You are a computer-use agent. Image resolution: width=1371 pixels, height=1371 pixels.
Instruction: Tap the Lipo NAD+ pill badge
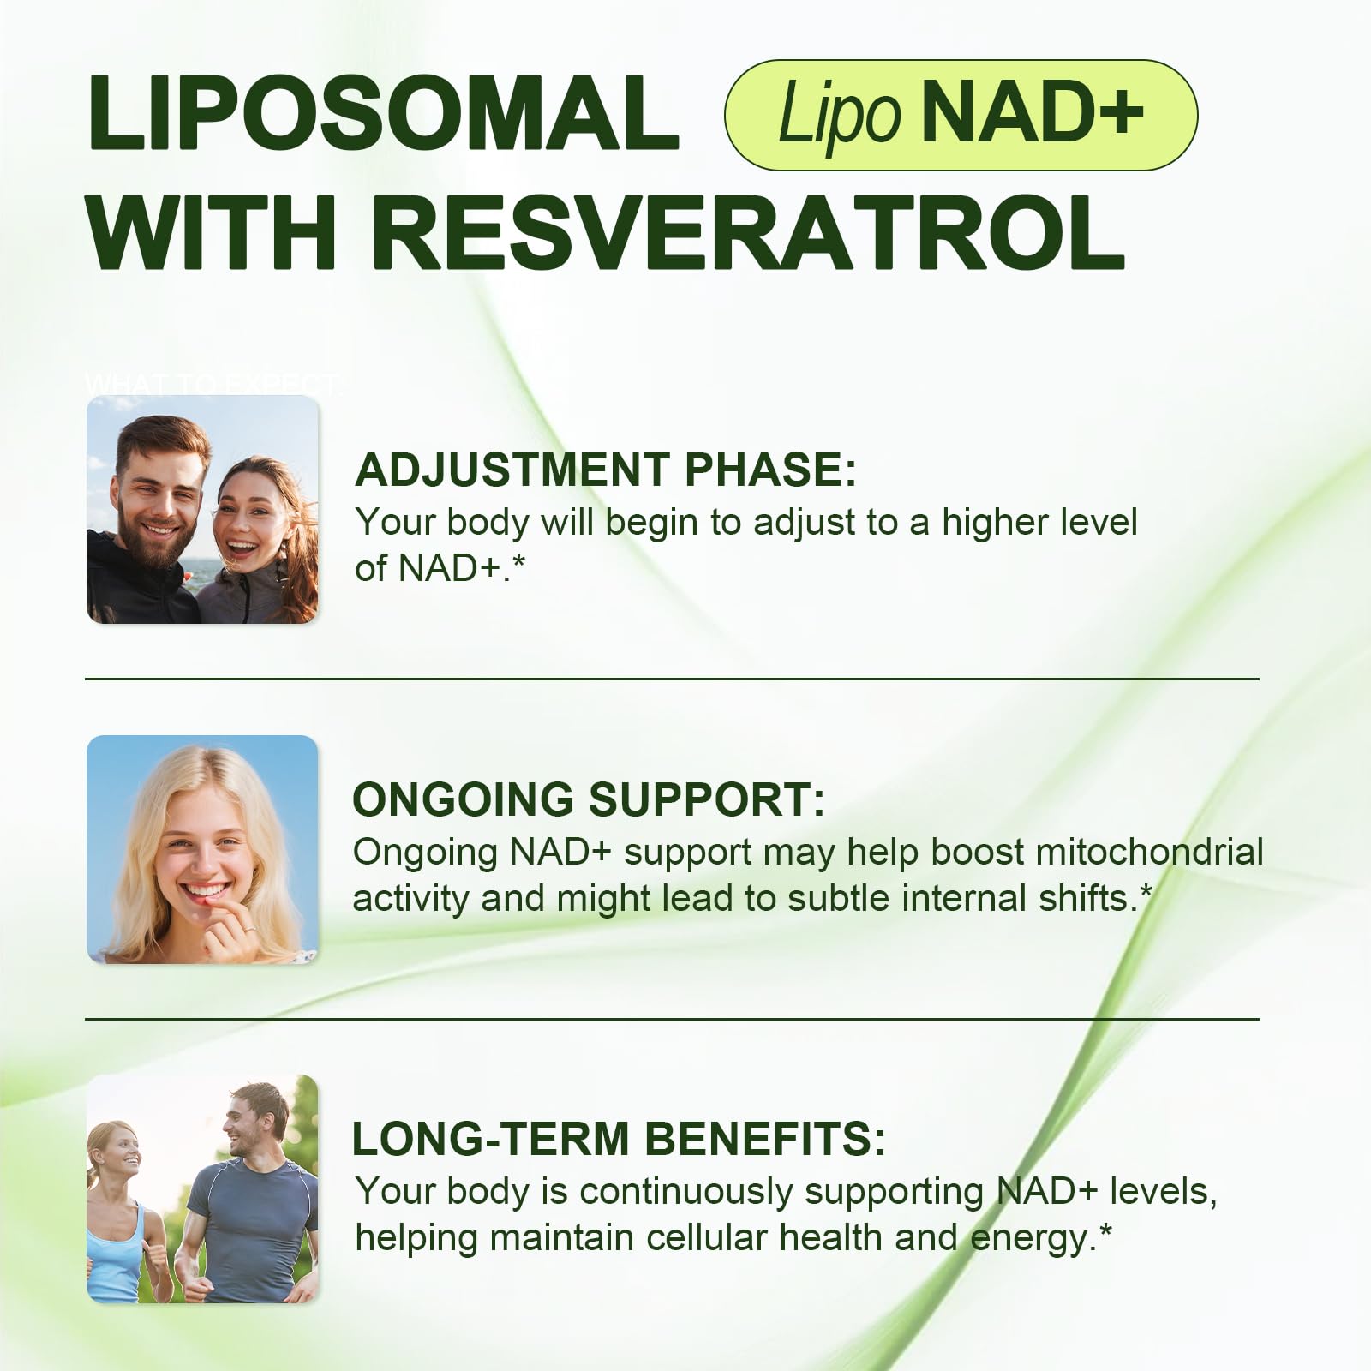pyautogui.click(x=961, y=115)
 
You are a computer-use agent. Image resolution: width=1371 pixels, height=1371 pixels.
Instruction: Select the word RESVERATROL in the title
pyautogui.click(x=748, y=232)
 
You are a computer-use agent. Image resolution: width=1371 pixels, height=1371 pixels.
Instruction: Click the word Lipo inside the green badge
pyautogui.click(x=839, y=115)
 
